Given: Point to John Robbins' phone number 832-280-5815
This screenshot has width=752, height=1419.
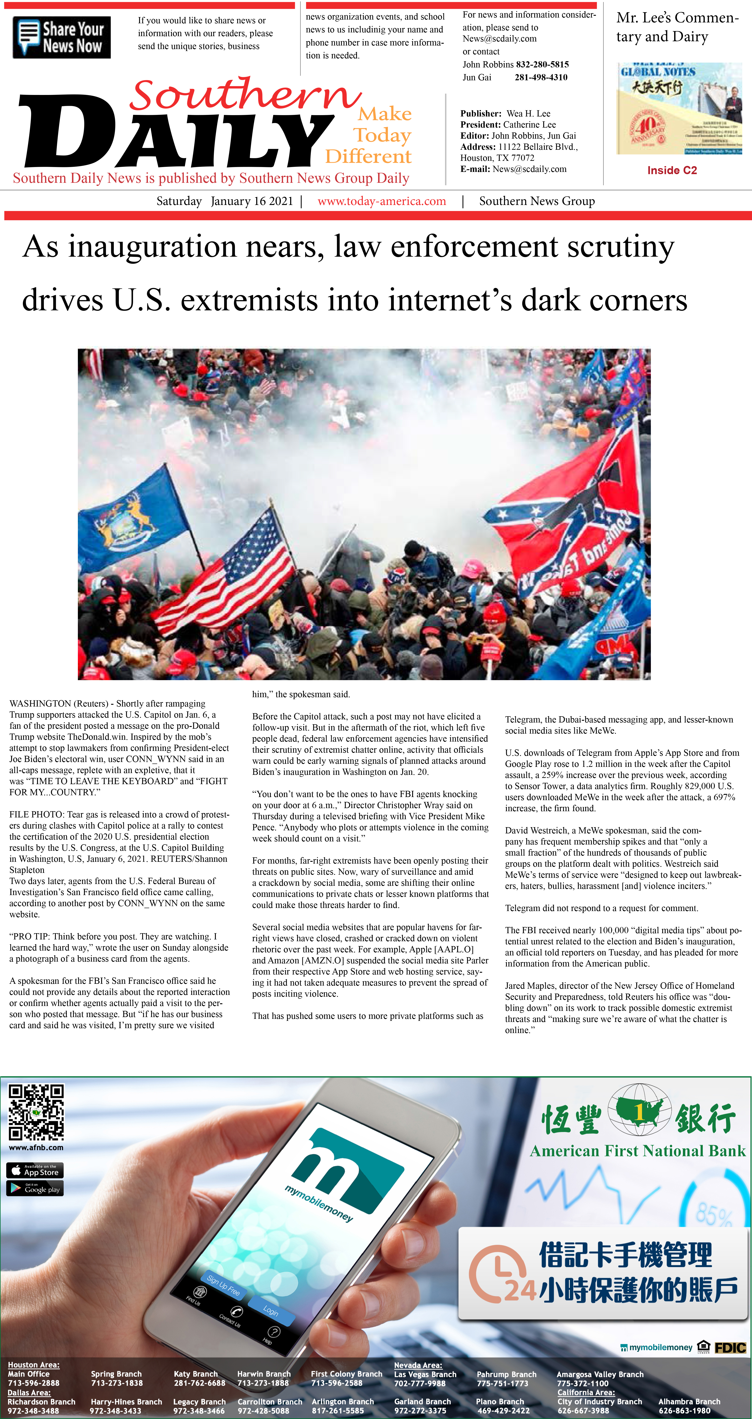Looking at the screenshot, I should coord(542,65).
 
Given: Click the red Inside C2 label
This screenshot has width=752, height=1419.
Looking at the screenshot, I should coord(671,170).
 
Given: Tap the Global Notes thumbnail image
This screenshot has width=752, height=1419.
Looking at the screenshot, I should coord(679,108).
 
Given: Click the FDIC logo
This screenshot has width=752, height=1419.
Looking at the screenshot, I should coord(730,1347).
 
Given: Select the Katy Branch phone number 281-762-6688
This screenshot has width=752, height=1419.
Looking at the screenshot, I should coord(199,1383).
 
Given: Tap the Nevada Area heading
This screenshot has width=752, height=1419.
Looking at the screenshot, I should coord(418,1365).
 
